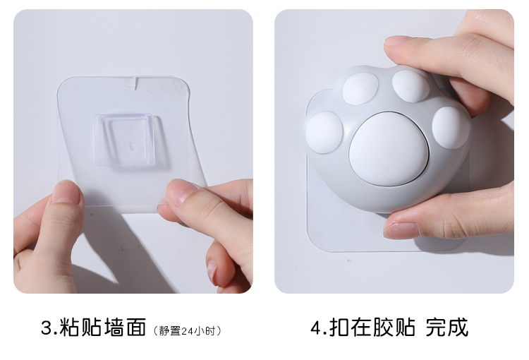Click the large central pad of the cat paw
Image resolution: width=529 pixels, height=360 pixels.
389,149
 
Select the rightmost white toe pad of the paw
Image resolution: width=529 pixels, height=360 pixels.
451,128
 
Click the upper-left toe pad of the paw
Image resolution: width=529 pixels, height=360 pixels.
360,88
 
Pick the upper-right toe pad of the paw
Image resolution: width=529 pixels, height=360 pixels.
411,86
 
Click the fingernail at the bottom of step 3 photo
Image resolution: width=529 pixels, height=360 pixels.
212,272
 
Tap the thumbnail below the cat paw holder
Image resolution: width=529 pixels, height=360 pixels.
401,230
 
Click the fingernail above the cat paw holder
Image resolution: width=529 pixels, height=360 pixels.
398,40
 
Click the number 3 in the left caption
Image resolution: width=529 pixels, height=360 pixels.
47,328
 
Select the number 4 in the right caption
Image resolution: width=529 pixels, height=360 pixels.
316,328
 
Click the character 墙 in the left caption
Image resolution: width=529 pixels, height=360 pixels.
114,328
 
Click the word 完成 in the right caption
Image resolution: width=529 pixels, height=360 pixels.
447,327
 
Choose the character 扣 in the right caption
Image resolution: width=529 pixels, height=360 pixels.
339,327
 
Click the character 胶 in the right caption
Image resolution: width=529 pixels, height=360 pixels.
383,327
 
